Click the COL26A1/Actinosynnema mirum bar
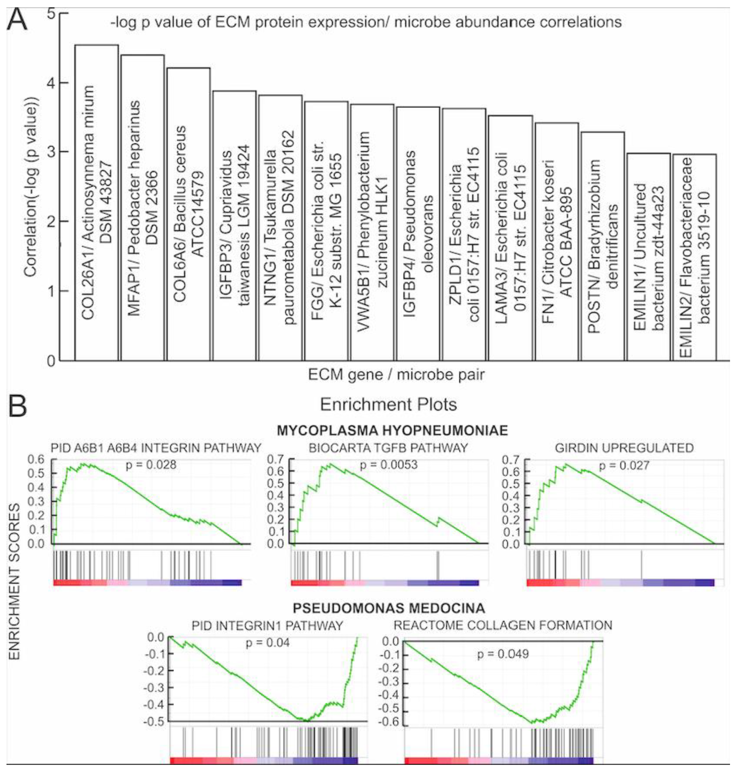point(96,202)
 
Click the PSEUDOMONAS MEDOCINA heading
point(389,608)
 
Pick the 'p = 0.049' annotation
point(503,654)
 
